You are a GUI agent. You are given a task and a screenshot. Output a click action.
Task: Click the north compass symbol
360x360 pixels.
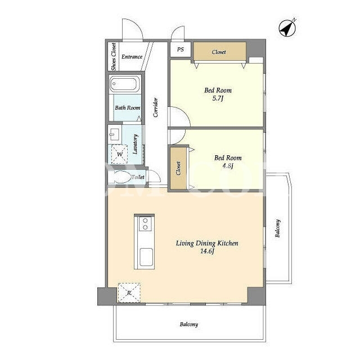click(287, 28)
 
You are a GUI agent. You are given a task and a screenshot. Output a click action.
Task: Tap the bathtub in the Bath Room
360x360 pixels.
click(124, 84)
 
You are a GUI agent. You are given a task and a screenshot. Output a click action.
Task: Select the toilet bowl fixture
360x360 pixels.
click(119, 177)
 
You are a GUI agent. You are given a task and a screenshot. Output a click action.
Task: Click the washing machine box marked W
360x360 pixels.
click(119, 154)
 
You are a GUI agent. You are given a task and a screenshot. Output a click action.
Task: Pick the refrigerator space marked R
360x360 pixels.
click(129, 292)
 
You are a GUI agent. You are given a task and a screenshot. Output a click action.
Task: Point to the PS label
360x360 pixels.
click(181, 49)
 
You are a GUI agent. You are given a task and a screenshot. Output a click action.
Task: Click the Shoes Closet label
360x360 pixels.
click(114, 56)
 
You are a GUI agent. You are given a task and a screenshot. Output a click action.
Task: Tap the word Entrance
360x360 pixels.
click(132, 57)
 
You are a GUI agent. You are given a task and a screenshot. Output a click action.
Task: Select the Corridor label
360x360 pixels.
click(156, 107)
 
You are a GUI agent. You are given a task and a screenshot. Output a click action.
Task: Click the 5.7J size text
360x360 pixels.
click(218, 98)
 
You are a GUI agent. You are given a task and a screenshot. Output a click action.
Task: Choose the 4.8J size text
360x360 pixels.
click(228, 166)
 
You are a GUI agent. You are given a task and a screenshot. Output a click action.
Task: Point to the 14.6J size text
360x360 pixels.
click(207, 251)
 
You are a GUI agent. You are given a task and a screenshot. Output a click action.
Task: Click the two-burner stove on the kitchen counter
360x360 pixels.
click(145, 224)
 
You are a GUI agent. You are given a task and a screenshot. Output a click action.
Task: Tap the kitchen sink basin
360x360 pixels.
click(146, 257)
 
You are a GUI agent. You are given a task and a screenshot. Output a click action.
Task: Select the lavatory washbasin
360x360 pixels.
click(114, 134)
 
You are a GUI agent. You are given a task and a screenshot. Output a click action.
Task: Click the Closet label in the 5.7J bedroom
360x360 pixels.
click(219, 52)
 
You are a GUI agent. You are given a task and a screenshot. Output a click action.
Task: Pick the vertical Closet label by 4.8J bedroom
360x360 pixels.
click(178, 168)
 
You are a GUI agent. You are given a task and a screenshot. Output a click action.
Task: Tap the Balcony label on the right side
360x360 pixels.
click(278, 228)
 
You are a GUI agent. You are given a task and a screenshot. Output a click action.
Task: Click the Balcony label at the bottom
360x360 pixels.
click(189, 325)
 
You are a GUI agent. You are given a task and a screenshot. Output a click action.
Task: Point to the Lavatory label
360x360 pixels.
click(135, 144)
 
